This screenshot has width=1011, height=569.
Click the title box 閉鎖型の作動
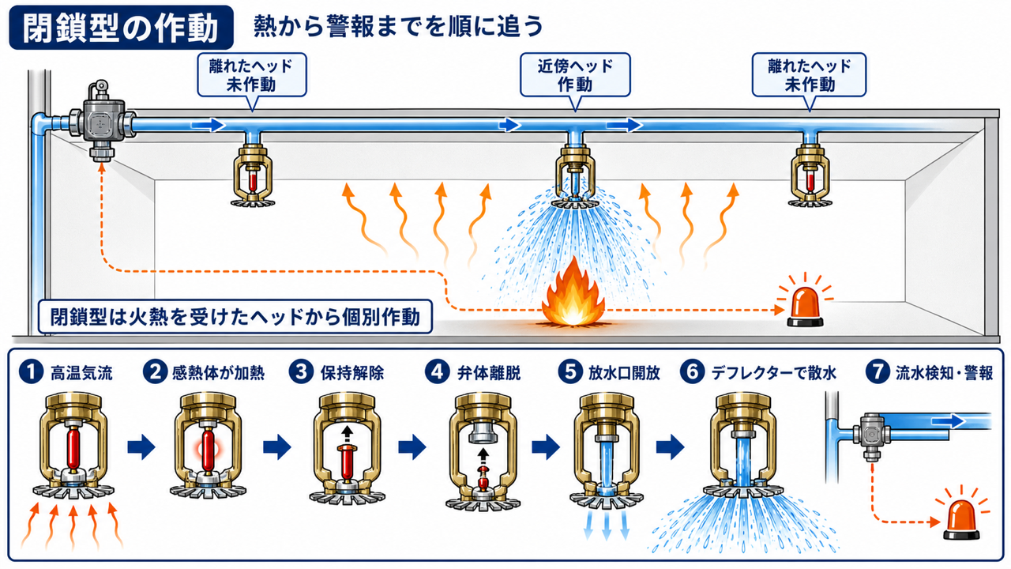(x=121, y=28)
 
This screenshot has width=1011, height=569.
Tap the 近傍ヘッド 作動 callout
(x=575, y=75)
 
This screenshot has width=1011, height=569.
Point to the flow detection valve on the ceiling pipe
(x=102, y=121)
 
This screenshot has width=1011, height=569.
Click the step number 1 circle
(x=31, y=372)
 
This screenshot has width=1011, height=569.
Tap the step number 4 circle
(x=438, y=372)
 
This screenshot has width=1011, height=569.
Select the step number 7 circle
(x=878, y=372)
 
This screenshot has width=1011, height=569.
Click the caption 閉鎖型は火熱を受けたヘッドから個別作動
(x=235, y=317)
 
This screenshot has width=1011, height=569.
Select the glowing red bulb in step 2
(x=208, y=450)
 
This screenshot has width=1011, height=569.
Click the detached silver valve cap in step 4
(x=483, y=433)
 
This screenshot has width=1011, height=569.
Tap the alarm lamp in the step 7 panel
(x=961, y=521)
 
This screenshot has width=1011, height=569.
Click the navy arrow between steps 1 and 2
(x=141, y=447)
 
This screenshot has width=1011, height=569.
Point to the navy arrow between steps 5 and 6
(x=671, y=447)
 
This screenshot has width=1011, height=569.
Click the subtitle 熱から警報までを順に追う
(x=398, y=26)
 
